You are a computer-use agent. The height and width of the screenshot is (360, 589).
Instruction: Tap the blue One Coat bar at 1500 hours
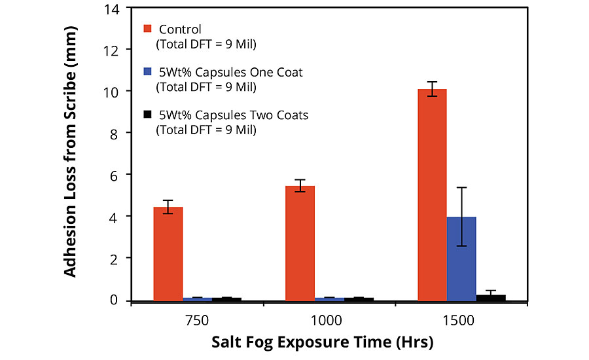click(x=461, y=259)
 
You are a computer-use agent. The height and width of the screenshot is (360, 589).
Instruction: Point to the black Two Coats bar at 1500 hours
click(x=491, y=298)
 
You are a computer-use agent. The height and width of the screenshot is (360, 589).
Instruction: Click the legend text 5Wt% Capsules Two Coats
click(x=232, y=115)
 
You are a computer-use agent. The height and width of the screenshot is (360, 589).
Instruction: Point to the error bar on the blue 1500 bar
click(x=461, y=217)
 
